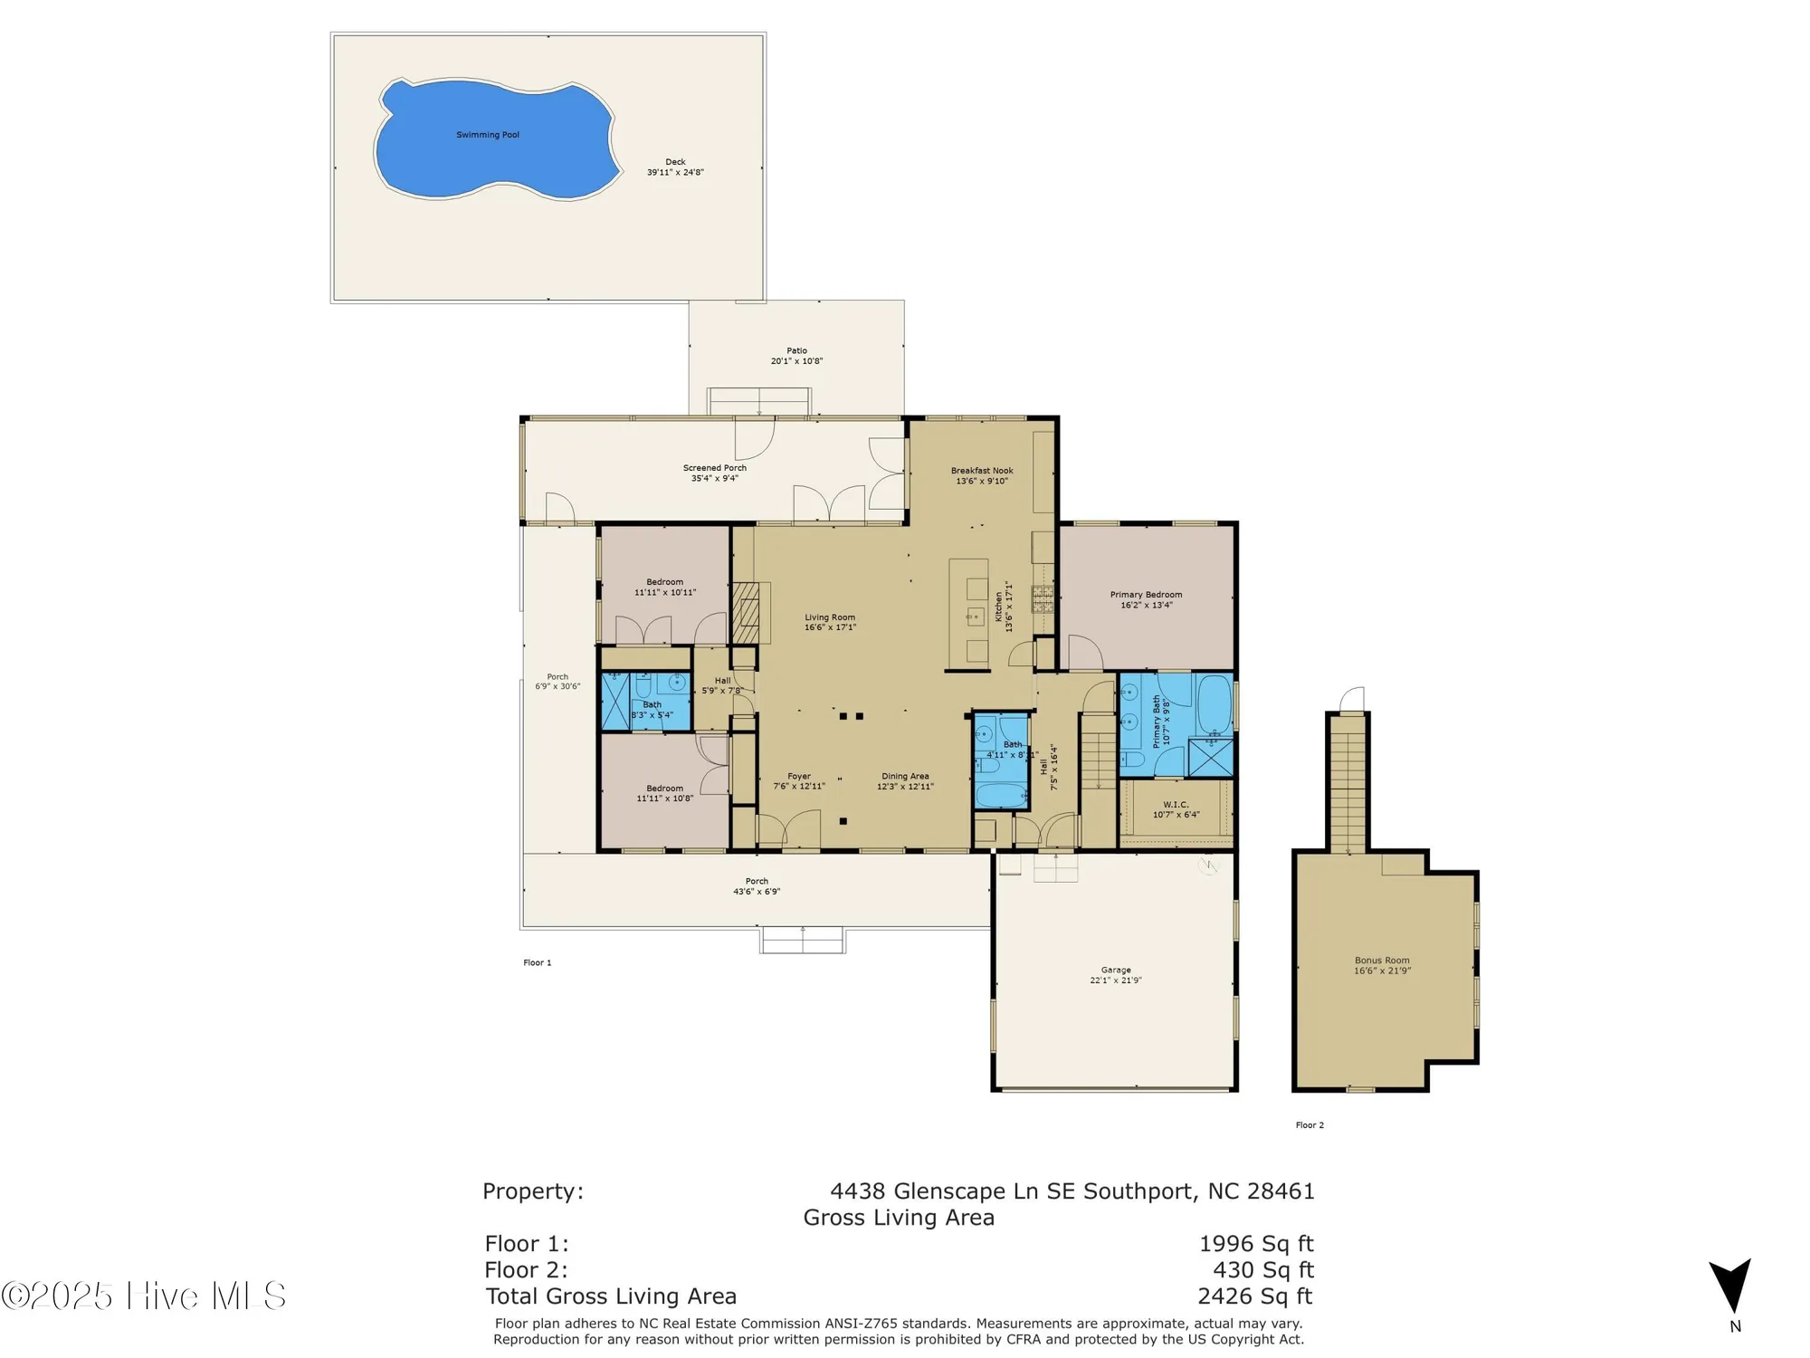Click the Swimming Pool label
coord(488,135)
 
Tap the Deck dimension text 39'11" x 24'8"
coord(675,172)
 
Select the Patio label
coord(796,350)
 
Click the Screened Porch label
coord(715,468)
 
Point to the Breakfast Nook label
coord(982,471)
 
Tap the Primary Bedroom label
coord(1146,595)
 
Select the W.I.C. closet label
coord(1176,804)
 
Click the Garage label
coord(1116,970)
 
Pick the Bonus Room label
coord(1382,961)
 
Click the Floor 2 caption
coord(1310,1125)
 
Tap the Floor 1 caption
coord(537,962)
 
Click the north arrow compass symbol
coord(1730,1286)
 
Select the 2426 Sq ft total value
coord(1254,1296)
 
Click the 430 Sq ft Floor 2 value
coord(1262,1270)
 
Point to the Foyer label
coord(799,776)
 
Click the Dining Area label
coord(905,776)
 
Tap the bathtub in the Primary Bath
coord(1214,705)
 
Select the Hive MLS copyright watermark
coord(145,1296)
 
